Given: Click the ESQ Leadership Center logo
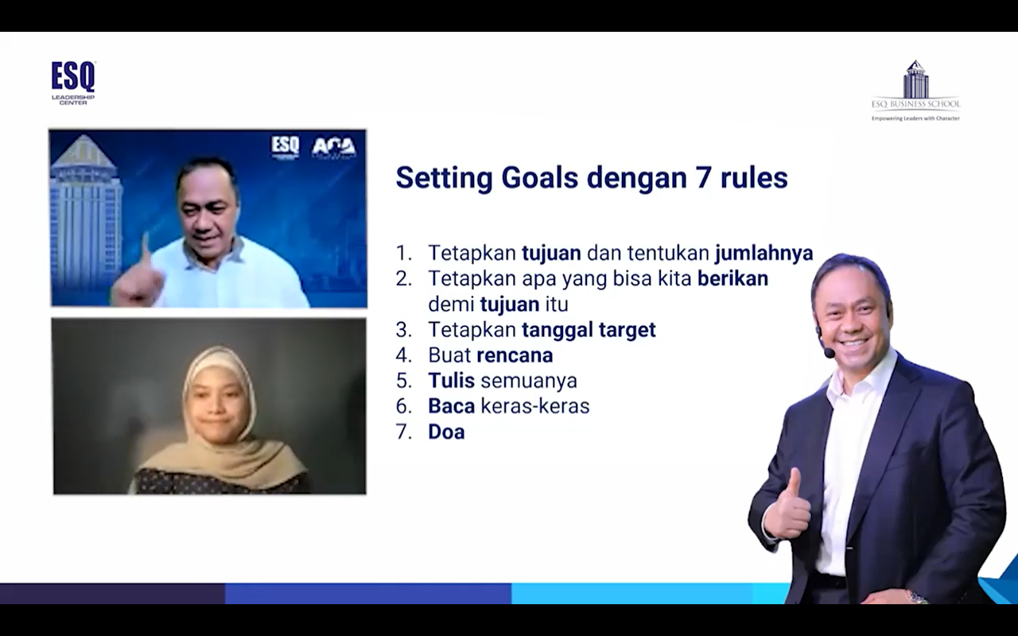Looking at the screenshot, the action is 73,83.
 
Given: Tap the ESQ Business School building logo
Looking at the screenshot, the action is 915,91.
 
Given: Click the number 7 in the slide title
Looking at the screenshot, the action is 703,177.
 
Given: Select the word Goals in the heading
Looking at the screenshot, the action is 539,177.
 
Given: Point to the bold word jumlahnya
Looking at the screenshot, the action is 764,253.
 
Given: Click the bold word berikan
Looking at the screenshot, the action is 732,278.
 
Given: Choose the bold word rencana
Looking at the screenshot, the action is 515,355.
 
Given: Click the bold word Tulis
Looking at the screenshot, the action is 451,381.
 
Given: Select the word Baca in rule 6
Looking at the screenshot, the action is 451,406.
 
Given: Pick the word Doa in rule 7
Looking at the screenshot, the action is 446,432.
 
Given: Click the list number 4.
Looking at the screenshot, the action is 403,355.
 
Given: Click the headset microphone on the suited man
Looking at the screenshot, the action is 829,352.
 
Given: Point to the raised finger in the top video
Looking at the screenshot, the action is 146,250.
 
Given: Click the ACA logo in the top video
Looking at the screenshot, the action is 334,148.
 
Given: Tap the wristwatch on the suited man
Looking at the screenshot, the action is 917,597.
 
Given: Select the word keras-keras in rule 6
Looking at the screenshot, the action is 535,406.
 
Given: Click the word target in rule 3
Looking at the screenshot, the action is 628,330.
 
